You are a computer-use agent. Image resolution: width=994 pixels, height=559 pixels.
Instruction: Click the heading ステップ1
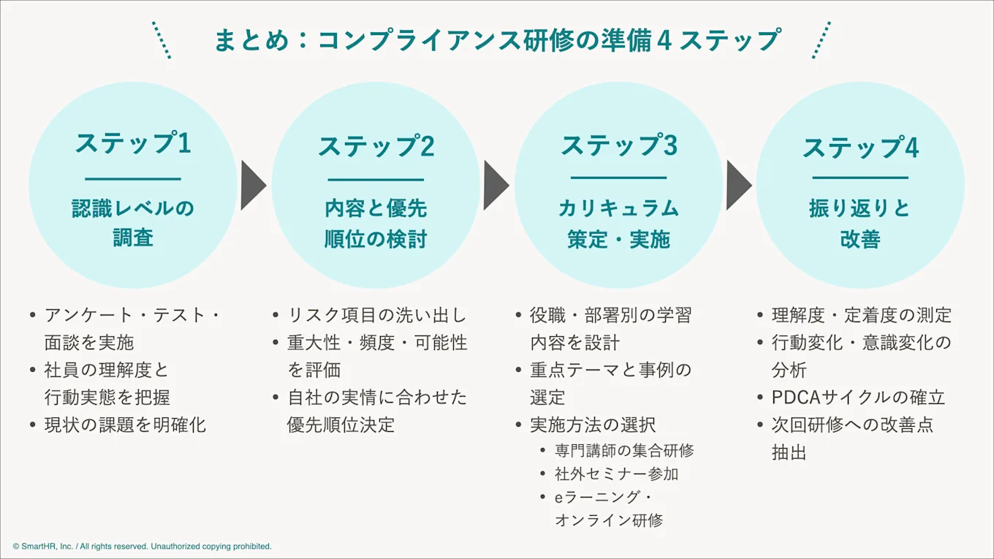click(x=133, y=142)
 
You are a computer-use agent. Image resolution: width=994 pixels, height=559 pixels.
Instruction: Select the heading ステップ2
click(x=376, y=145)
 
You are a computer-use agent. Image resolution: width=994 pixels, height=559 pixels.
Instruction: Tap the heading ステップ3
click(x=618, y=145)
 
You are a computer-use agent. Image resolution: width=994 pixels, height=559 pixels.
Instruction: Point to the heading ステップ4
click(x=860, y=148)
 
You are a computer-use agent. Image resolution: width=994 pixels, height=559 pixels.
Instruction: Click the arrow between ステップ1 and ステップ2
click(x=253, y=186)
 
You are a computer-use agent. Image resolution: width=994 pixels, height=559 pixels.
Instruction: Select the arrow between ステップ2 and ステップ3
click(x=496, y=186)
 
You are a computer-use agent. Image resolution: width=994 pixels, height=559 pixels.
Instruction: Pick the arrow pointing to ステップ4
click(x=738, y=186)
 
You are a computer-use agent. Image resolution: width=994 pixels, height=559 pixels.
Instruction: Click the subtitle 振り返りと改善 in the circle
click(x=860, y=224)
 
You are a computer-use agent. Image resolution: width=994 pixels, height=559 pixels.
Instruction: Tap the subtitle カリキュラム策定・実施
click(x=618, y=224)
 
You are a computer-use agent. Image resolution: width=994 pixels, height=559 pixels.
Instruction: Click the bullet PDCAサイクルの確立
click(x=858, y=398)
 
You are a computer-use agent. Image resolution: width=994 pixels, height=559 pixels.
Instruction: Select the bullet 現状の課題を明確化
click(x=125, y=425)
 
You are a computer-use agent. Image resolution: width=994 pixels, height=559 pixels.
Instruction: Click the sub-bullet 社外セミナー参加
click(x=616, y=474)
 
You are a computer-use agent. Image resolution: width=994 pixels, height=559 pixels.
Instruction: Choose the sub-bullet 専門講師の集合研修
click(x=624, y=450)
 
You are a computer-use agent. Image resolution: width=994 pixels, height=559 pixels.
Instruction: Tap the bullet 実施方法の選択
click(x=593, y=425)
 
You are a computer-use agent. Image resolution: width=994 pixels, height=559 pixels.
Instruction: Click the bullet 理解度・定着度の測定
click(x=862, y=316)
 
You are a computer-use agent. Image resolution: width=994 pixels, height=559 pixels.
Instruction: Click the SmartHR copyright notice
click(x=142, y=547)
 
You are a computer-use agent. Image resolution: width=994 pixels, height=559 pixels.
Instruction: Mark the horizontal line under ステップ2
click(x=376, y=180)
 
